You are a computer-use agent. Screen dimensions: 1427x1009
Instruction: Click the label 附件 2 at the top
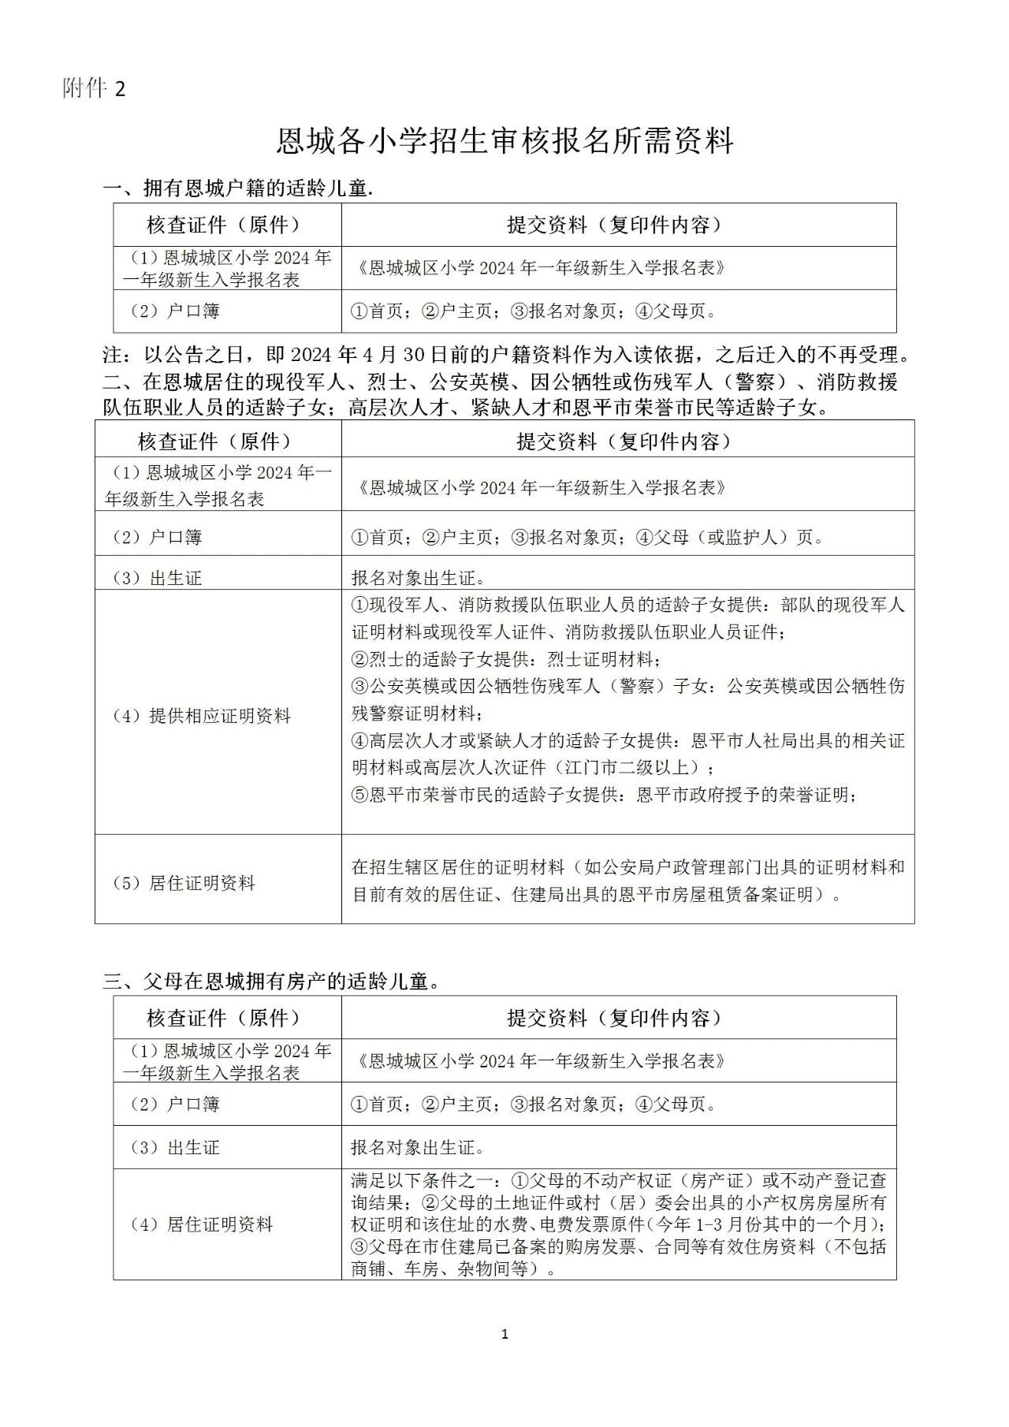click(94, 89)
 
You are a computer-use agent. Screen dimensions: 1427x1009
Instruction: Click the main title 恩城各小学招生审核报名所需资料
click(504, 141)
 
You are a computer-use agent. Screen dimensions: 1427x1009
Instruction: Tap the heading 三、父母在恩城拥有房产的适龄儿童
click(272, 982)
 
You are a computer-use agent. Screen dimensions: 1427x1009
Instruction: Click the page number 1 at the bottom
click(504, 1334)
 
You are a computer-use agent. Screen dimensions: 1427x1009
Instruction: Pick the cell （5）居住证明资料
click(183, 883)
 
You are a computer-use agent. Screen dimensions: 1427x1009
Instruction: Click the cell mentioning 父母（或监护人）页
click(587, 538)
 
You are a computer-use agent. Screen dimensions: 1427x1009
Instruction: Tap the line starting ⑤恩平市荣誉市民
click(604, 795)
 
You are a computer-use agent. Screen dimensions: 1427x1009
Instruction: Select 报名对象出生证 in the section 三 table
click(418, 1147)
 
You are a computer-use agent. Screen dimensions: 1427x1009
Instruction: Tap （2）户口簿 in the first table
click(173, 311)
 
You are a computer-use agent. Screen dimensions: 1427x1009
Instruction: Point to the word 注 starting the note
click(114, 354)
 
